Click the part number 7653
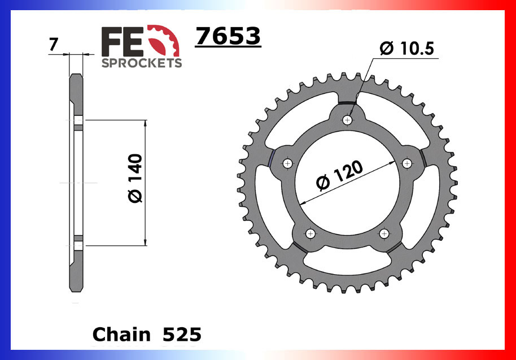(228, 37)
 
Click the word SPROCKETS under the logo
(141, 62)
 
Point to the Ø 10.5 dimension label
(406, 49)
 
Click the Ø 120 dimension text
(339, 176)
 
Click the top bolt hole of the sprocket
(348, 120)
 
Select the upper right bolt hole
(407, 163)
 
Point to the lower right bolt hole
(384, 233)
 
